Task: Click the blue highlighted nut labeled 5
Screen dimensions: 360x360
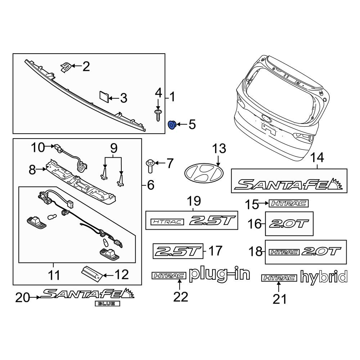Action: [x=172, y=125]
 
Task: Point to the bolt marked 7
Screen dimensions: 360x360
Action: [x=150, y=165]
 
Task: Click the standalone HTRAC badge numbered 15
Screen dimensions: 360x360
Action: [x=289, y=204]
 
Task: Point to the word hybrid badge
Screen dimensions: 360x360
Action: [x=324, y=277]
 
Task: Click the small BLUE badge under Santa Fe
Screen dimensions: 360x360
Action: [x=107, y=303]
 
